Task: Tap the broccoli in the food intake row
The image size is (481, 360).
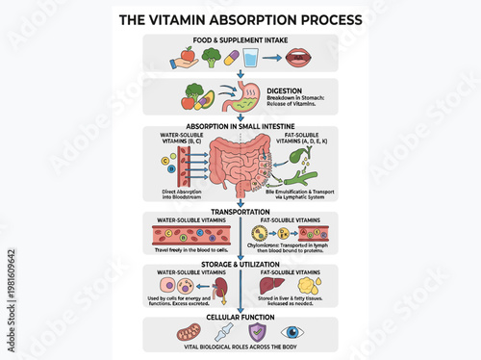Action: (211, 56)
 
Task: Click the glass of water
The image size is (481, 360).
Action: (251, 58)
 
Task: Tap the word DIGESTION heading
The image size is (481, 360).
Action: (285, 90)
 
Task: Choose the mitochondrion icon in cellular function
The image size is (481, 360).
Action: (186, 333)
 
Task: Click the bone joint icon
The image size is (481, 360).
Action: (224, 333)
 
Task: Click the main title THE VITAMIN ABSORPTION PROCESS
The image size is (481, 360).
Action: (240, 18)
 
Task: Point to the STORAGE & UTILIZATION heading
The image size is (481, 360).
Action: (240, 264)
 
